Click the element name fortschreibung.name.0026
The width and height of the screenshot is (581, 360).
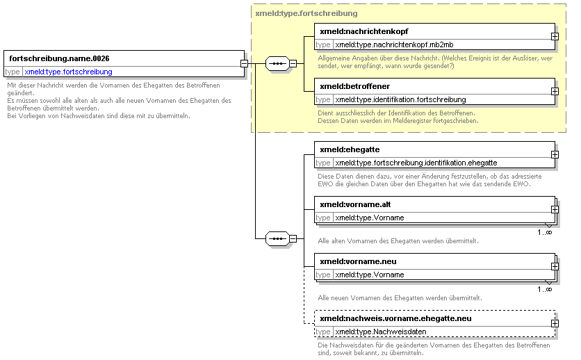59,58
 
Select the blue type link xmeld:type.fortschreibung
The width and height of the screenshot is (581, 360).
69,72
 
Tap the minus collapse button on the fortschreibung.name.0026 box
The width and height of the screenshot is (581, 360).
244,64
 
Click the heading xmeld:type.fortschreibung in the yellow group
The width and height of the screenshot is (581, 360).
306,14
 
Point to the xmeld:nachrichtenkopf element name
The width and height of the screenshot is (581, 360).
364,31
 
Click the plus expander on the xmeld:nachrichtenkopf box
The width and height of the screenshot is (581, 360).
555,37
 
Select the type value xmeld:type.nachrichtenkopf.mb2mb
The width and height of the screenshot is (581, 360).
394,44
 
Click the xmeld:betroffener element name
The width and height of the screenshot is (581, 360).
355,86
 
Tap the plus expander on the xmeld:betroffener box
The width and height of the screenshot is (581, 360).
555,92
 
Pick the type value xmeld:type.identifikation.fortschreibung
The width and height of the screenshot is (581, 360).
400,99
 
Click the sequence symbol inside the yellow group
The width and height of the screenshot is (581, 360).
277,64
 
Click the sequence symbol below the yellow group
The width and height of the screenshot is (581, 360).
277,238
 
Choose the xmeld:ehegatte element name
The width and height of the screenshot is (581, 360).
350,149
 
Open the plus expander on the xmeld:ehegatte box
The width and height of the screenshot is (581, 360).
555,155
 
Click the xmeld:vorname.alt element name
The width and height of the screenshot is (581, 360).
355,204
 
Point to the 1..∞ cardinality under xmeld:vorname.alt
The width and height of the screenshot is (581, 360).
545,232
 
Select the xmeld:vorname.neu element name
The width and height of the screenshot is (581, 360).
359,261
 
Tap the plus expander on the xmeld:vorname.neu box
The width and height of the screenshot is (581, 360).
555,267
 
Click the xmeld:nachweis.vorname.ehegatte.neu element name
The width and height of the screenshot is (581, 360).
395,318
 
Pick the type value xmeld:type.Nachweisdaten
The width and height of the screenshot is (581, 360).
381,332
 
